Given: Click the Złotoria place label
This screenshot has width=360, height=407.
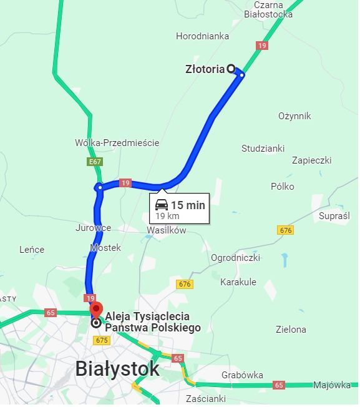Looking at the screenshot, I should (205, 69).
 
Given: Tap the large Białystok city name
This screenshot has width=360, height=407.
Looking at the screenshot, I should (117, 368).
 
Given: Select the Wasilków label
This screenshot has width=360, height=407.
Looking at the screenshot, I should (166, 230).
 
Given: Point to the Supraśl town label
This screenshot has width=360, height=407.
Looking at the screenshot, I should (334, 216).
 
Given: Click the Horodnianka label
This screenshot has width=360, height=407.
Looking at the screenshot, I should (202, 36).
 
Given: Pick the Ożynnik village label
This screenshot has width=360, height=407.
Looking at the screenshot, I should (294, 116).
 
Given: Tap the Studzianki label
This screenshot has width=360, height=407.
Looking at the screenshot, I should (263, 149).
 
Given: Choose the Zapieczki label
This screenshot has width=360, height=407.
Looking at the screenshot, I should (311, 160).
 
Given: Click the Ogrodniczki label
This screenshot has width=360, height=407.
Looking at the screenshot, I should (235, 257).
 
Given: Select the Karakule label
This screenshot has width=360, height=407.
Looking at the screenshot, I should (238, 282).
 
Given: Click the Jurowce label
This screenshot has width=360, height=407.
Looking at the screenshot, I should (93, 228).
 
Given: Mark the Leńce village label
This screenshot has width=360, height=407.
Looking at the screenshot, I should (32, 250).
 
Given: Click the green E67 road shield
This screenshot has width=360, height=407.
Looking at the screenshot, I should (95, 162).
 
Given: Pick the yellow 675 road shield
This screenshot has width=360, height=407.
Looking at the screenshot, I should (101, 340).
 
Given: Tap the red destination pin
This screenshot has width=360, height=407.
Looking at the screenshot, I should (95, 310).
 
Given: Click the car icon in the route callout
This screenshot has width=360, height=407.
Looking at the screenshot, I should (162, 205).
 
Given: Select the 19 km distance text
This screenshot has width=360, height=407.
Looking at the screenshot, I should (167, 216).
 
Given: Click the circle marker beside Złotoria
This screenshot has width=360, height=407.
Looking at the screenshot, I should (231, 69).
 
